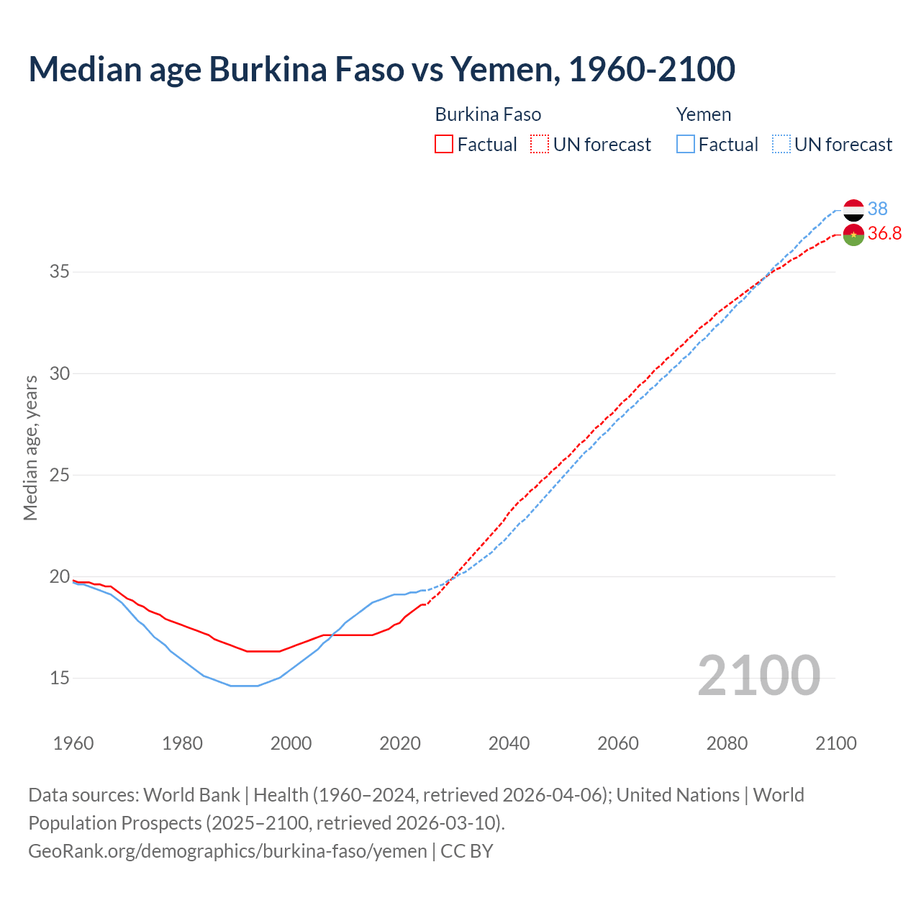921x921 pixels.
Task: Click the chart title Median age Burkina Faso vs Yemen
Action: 381,69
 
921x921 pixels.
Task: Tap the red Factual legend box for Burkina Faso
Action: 444,144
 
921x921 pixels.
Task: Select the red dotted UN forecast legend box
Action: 540,144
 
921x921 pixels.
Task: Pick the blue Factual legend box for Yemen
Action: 686,144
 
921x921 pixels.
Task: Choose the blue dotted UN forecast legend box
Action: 781,144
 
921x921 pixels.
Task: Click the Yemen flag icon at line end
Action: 853,210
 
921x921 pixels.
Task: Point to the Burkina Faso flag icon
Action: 853,235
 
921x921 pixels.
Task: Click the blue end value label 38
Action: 877,209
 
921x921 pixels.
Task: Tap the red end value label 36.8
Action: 884,233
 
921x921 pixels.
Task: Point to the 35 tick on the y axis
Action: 60,272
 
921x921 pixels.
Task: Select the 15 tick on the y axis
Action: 60,678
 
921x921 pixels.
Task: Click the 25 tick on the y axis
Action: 60,475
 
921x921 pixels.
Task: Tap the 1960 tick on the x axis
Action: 73,743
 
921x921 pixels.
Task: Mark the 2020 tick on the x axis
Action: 400,743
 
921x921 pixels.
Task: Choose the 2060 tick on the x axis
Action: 618,743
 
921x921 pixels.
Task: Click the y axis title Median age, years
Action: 30,448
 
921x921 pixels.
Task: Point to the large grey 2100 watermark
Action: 758,675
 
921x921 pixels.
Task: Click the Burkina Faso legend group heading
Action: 488,114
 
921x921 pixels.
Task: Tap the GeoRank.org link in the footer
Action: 227,850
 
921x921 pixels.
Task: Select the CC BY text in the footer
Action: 467,850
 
